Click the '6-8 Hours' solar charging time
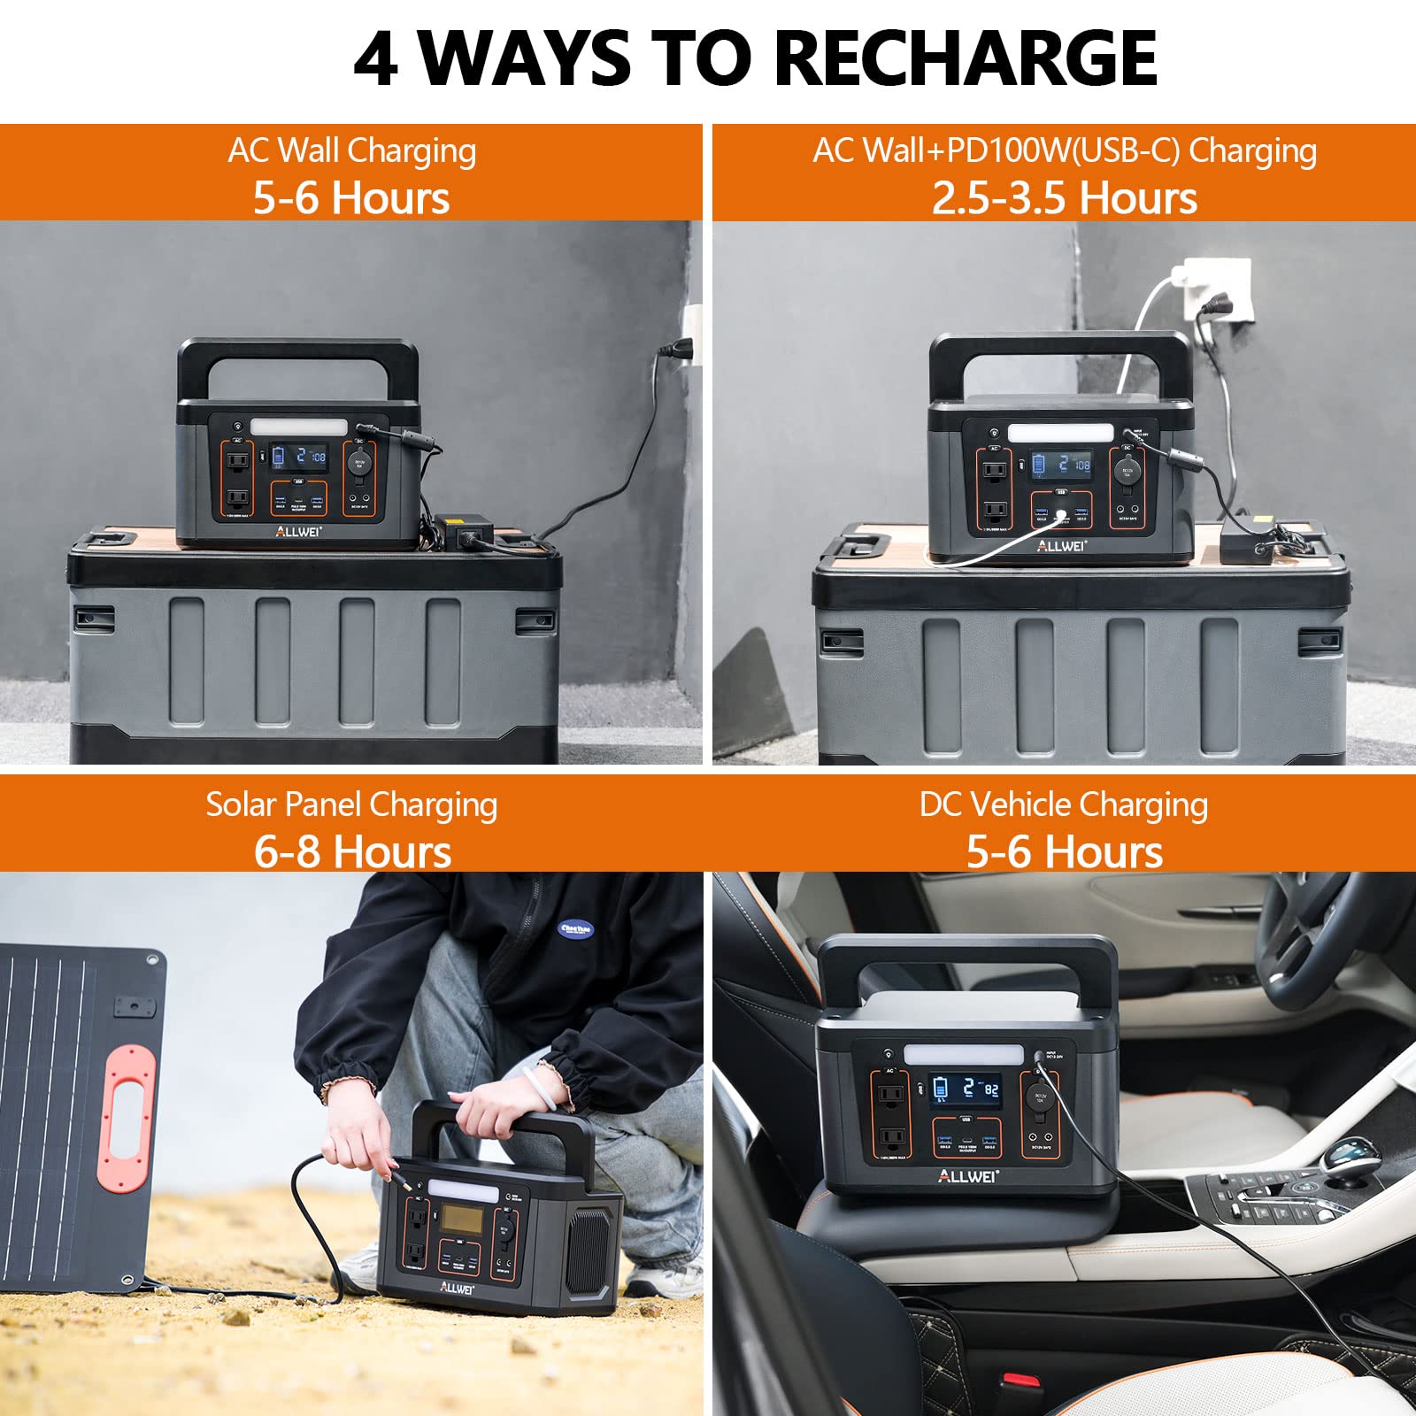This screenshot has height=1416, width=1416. point(352,850)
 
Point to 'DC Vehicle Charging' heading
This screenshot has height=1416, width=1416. point(1063,804)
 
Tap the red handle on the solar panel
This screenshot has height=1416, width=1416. point(125,1117)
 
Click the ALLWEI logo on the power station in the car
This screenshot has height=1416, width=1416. point(967,1176)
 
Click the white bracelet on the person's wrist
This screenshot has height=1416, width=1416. point(539,1088)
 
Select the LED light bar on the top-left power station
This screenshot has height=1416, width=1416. point(298,427)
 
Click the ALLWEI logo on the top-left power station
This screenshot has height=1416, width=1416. point(298,531)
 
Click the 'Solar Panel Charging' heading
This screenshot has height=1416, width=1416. point(351,804)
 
